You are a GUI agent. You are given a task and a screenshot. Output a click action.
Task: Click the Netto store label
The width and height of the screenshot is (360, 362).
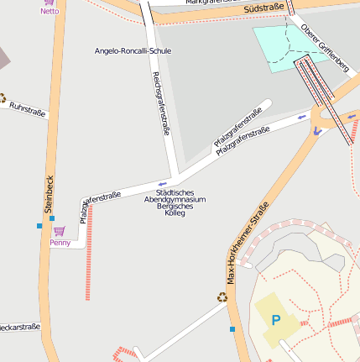pyautogui.click(x=50, y=12)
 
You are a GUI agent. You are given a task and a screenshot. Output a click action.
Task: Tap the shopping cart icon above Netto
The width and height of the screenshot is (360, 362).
pyautogui.click(x=50, y=2)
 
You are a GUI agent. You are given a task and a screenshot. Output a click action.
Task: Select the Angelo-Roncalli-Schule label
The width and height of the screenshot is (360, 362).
pyautogui.click(x=133, y=51)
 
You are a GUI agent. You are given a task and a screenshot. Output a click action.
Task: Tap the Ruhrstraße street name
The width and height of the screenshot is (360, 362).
pyautogui.click(x=27, y=108)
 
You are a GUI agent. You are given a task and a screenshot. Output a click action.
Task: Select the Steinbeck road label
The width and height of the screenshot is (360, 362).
pyautogui.click(x=50, y=193)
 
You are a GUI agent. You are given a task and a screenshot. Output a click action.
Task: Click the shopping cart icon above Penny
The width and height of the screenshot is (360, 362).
pyautogui.click(x=59, y=231)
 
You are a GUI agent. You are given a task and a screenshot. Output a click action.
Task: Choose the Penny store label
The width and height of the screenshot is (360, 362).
pyautogui.click(x=60, y=243)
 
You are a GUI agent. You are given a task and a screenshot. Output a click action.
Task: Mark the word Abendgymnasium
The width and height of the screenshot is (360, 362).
pyautogui.click(x=175, y=200)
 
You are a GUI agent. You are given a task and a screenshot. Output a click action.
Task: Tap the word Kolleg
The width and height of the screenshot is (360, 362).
pyautogui.click(x=175, y=213)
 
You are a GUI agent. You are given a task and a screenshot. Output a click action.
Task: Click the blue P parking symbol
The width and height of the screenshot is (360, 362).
pyautogui.click(x=275, y=320)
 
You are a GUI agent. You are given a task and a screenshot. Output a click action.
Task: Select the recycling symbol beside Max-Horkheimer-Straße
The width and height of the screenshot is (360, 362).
pyautogui.click(x=222, y=296)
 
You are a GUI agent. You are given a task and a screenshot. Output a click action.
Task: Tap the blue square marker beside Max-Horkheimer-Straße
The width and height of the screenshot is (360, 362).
pyautogui.click(x=232, y=329)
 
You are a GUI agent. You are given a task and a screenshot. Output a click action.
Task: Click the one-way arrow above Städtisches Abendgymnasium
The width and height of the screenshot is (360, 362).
pyautogui.click(x=162, y=184)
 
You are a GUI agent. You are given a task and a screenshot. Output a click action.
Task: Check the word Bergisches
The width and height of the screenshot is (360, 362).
pyautogui.click(x=175, y=207)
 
